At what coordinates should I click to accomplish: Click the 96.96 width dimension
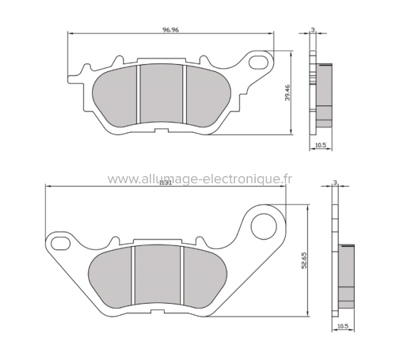[171, 29]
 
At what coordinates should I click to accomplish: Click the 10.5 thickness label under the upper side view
[321, 145]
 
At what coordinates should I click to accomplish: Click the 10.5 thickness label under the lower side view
[343, 326]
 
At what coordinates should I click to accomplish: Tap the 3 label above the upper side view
[313, 31]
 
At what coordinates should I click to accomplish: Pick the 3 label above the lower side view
[336, 183]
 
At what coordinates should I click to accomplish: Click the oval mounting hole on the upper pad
[257, 63]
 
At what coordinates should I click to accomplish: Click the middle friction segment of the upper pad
[161, 95]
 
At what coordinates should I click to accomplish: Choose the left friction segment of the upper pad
[115, 95]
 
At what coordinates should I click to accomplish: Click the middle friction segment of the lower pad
[158, 274]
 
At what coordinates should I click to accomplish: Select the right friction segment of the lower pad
[204, 274]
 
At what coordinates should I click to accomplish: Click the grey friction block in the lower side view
[347, 274]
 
